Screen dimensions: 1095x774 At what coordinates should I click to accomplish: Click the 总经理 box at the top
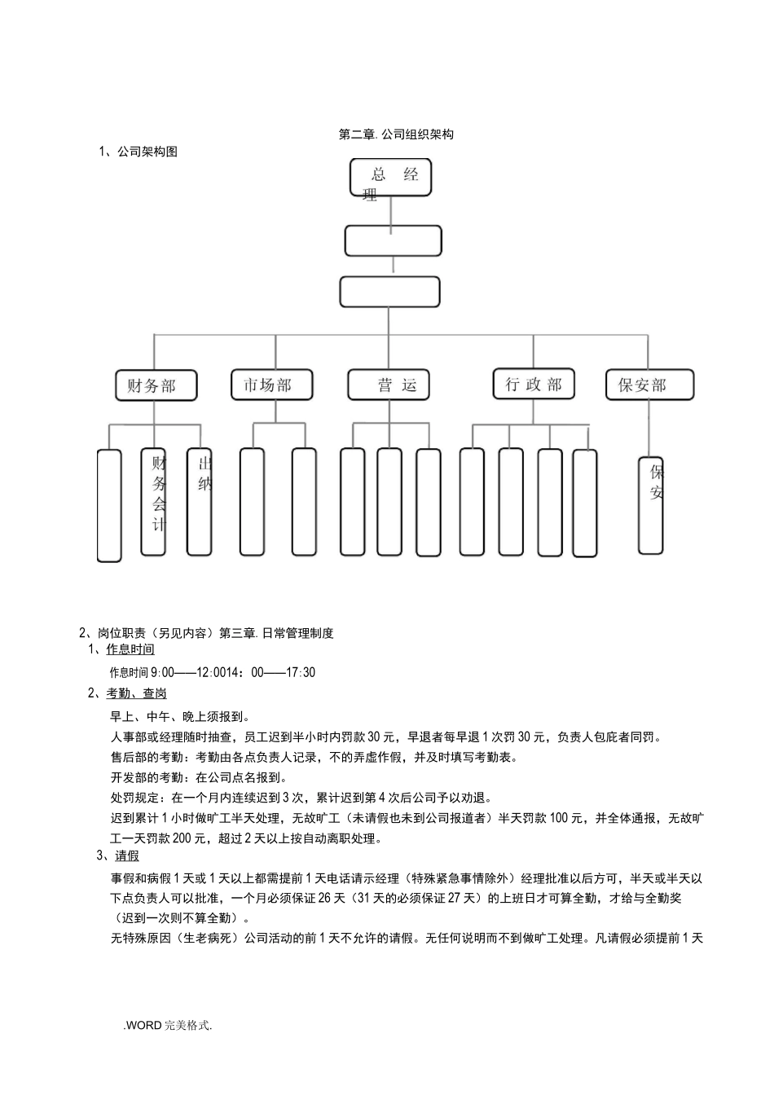[x=390, y=178]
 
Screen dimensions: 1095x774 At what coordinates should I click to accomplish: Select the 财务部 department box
[x=156, y=385]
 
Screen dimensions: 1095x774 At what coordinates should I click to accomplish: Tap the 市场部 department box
[x=272, y=385]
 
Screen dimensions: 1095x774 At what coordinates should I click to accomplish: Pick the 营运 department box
[x=388, y=385]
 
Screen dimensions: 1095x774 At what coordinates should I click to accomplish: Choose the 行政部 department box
[x=534, y=384]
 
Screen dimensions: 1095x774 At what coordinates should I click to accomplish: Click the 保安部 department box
[x=649, y=385]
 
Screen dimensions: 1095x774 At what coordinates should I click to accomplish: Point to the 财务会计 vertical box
[x=153, y=502]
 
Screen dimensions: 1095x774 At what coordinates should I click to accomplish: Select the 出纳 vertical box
[x=200, y=502]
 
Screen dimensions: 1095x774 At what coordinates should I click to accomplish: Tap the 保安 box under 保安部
[x=650, y=505]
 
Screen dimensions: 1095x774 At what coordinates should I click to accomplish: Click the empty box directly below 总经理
[x=393, y=241]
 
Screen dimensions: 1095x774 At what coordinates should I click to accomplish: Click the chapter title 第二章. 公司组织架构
[x=396, y=134]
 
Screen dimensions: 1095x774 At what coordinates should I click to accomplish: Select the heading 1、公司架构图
[x=138, y=152]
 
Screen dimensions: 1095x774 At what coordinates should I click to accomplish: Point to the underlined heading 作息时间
[x=130, y=649]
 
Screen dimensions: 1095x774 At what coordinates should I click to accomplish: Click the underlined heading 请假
[x=127, y=855]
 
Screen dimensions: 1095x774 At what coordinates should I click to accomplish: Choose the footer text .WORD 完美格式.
[x=168, y=1026]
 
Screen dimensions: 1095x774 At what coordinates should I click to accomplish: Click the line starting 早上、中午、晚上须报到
[x=180, y=716]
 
